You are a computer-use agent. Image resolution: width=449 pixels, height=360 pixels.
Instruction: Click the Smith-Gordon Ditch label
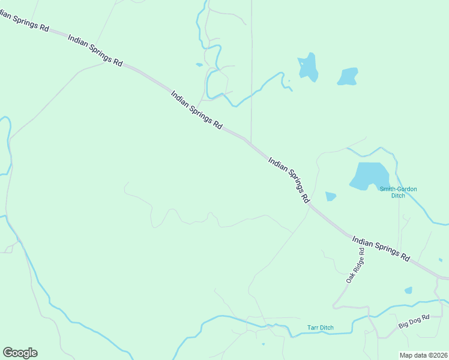[398, 192]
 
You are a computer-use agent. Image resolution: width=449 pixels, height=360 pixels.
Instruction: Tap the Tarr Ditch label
[320, 328]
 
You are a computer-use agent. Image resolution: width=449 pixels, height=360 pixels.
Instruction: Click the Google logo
[20, 353]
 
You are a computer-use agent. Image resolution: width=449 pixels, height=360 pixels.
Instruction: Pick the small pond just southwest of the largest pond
[330, 196]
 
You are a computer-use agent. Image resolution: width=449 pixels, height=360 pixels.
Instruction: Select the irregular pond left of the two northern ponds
[309, 67]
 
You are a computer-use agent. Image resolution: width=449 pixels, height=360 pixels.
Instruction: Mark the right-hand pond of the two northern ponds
[348, 76]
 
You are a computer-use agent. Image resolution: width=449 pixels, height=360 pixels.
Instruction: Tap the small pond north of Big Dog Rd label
[409, 290]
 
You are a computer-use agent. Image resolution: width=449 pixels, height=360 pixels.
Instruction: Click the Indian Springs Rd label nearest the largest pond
[289, 179]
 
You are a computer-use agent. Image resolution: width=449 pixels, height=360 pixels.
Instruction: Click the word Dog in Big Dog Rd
[415, 325]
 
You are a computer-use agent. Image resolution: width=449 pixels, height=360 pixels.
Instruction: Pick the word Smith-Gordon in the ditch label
[398, 189]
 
